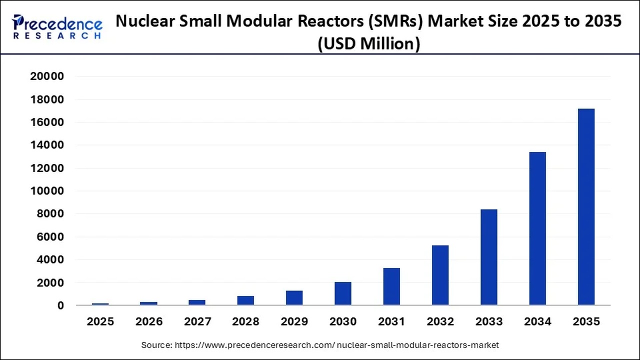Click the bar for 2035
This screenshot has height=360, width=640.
pyautogui.click(x=586, y=206)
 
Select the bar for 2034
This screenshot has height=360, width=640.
pyautogui.click(x=537, y=228)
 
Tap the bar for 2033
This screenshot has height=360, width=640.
pyautogui.click(x=489, y=257)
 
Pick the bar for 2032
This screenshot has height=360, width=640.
pyautogui.click(x=440, y=275)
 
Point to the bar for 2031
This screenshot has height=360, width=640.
pyautogui.click(x=391, y=286)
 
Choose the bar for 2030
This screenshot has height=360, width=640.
pyautogui.click(x=343, y=293)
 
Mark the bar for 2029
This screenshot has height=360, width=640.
pyautogui.click(x=294, y=298)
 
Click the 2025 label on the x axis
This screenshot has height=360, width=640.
pyautogui.click(x=100, y=321)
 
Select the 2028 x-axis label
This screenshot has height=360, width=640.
pyautogui.click(x=246, y=321)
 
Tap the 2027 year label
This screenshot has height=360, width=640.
pyautogui.click(x=197, y=321)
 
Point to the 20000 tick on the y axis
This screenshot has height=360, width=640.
pyautogui.click(x=47, y=76)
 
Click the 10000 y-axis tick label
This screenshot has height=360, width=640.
pyautogui.click(x=47, y=191)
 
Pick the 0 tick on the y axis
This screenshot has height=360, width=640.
pyautogui.click(x=60, y=305)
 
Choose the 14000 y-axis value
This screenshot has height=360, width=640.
pyautogui.click(x=47, y=145)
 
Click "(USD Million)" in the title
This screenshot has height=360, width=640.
pyautogui.click(x=369, y=44)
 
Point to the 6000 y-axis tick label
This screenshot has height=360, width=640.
pyautogui.click(x=50, y=237)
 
